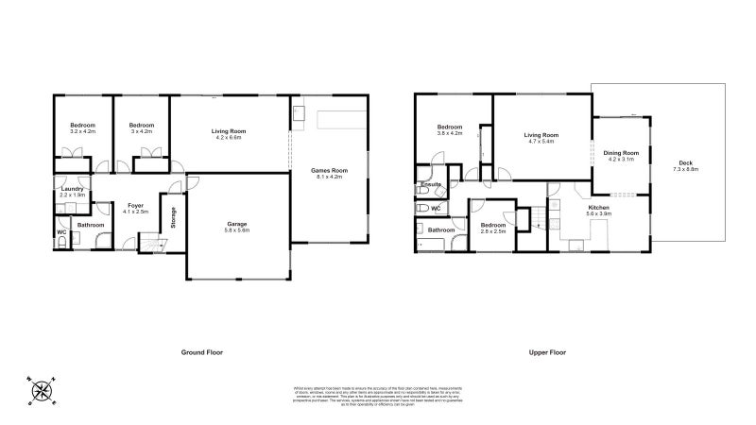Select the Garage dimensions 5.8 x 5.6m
236,230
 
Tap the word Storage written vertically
173,217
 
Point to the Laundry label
73,189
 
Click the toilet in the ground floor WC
62,243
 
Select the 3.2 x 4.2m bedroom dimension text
83,132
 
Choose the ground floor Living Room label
229,131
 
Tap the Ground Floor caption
202,351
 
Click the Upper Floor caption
547,351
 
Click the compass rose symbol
41,390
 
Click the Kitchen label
600,207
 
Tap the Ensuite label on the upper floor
433,185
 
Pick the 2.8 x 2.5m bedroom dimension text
493,230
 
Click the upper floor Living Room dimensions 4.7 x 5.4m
542,142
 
